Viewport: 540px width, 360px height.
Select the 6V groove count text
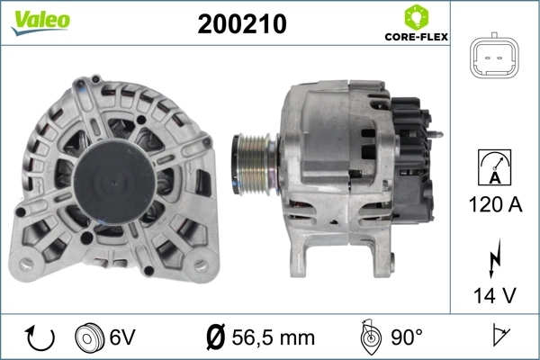tap(123, 337)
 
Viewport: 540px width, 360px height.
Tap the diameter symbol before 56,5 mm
tap(217, 337)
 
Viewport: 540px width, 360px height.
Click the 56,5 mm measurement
tap(274, 337)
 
